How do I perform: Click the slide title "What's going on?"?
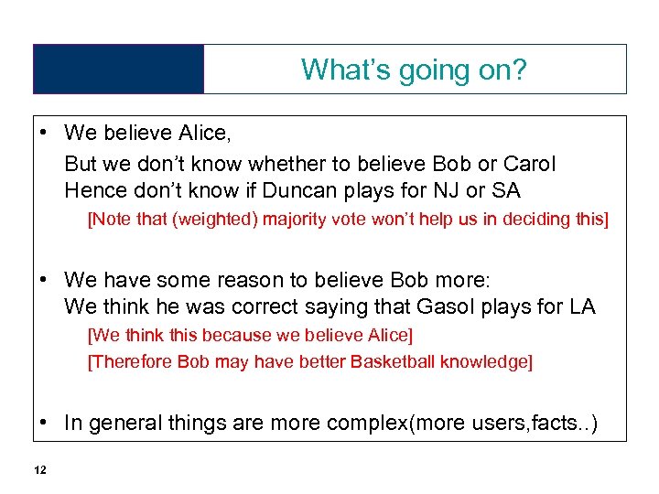414,70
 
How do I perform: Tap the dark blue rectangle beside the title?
118,70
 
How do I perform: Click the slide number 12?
39,470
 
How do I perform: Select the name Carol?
529,165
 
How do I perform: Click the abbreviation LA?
580,306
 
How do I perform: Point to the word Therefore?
131,361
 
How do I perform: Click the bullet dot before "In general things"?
43,422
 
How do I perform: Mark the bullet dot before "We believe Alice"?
43,134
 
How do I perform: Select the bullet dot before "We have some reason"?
43,279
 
